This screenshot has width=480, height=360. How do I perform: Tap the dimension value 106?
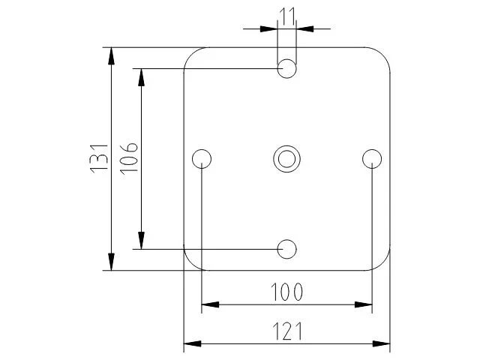128,158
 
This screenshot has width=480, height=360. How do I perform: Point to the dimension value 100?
287,292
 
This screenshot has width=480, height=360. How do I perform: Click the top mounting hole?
287,69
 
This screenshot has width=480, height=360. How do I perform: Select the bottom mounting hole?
287,248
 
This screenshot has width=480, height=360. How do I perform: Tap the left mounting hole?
202,158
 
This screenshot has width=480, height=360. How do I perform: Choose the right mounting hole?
372,158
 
